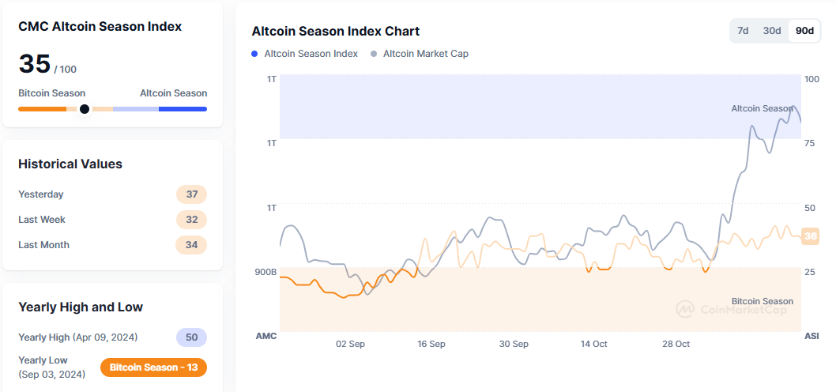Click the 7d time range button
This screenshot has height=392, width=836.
coord(743,31)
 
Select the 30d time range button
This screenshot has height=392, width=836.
coord(772,31)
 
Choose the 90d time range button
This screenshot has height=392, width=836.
coord(804,31)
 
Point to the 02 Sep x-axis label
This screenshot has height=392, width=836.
coord(350,344)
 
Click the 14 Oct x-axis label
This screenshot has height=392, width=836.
coord(593,344)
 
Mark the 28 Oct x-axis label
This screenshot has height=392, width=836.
coord(676,344)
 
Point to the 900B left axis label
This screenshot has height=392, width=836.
coord(265,272)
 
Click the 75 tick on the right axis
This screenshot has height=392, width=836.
coord(810,143)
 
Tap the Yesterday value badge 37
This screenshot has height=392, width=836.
coord(191,194)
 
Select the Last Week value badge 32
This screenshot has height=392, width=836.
coord(191,220)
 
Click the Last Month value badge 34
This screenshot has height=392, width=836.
coord(191,245)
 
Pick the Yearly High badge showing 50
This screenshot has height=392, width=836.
coord(191,337)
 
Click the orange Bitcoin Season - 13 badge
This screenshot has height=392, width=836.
coord(154,367)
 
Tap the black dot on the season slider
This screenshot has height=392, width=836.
coord(85,109)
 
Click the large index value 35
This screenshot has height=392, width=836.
coord(35,64)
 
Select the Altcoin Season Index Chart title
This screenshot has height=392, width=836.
coord(336,32)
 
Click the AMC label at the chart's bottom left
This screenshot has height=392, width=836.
coord(266,336)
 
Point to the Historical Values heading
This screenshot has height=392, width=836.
coord(70,164)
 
